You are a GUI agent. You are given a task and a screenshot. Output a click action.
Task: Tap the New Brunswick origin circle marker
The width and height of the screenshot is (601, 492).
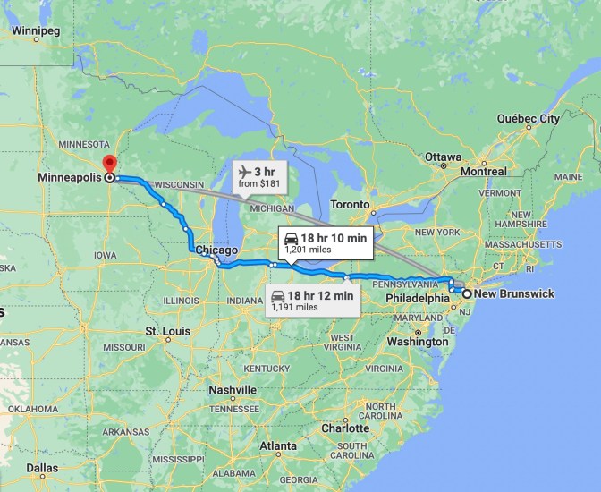(467, 293)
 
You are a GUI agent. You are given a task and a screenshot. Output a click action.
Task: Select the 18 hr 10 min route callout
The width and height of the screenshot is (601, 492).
(325, 243)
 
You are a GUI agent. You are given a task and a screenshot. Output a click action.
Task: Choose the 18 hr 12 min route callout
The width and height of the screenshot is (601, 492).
(312, 300)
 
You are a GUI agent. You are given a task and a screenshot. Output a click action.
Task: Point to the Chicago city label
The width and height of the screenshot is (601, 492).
(216, 250)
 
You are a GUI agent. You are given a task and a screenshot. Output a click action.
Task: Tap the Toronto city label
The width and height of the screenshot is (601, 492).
(350, 205)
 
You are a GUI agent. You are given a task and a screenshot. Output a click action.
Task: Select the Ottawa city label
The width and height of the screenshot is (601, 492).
(444, 157)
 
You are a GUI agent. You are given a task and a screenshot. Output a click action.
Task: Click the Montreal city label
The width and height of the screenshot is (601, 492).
(483, 171)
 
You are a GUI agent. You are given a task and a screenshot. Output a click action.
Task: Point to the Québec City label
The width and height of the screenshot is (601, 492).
(528, 118)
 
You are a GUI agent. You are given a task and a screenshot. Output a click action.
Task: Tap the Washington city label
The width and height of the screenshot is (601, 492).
(419, 342)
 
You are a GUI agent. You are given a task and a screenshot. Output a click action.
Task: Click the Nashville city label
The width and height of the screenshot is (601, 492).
(233, 390)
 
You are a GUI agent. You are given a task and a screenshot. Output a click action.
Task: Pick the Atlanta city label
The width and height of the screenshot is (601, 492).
(278, 445)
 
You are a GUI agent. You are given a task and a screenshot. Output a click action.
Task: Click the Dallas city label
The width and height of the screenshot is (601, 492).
(42, 467)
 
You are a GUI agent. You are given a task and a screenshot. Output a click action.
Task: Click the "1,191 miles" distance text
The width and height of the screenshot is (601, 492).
(294, 307)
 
